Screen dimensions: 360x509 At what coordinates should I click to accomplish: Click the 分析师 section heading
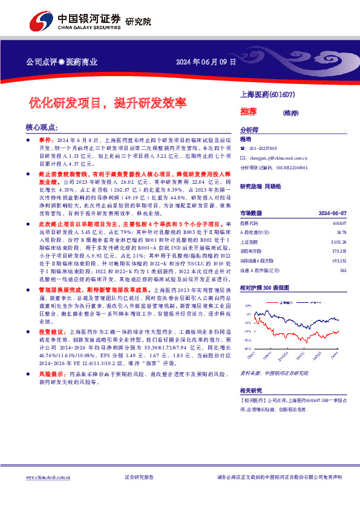[x=249, y=130]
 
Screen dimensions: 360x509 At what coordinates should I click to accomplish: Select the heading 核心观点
[x=42, y=128]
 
